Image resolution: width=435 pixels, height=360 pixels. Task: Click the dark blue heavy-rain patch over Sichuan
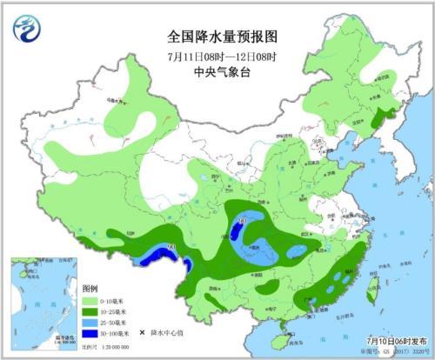(x=237, y=232)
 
